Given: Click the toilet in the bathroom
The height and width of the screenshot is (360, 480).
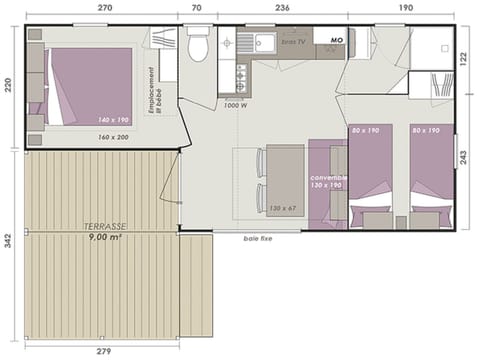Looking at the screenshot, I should pyautogui.click(x=198, y=46).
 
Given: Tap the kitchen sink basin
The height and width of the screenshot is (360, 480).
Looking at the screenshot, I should pyautogui.click(x=264, y=43).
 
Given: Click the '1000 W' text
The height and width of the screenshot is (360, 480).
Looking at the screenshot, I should pyautogui.click(x=236, y=104).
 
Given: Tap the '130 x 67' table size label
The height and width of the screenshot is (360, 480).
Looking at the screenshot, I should pyautogui.click(x=284, y=208).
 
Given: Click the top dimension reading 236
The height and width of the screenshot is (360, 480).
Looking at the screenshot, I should pyautogui.click(x=282, y=7).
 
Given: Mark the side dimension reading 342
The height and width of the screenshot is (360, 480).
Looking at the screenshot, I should pyautogui.click(x=9, y=242).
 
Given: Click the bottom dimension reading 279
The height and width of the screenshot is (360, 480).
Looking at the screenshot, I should pyautogui.click(x=104, y=352).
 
